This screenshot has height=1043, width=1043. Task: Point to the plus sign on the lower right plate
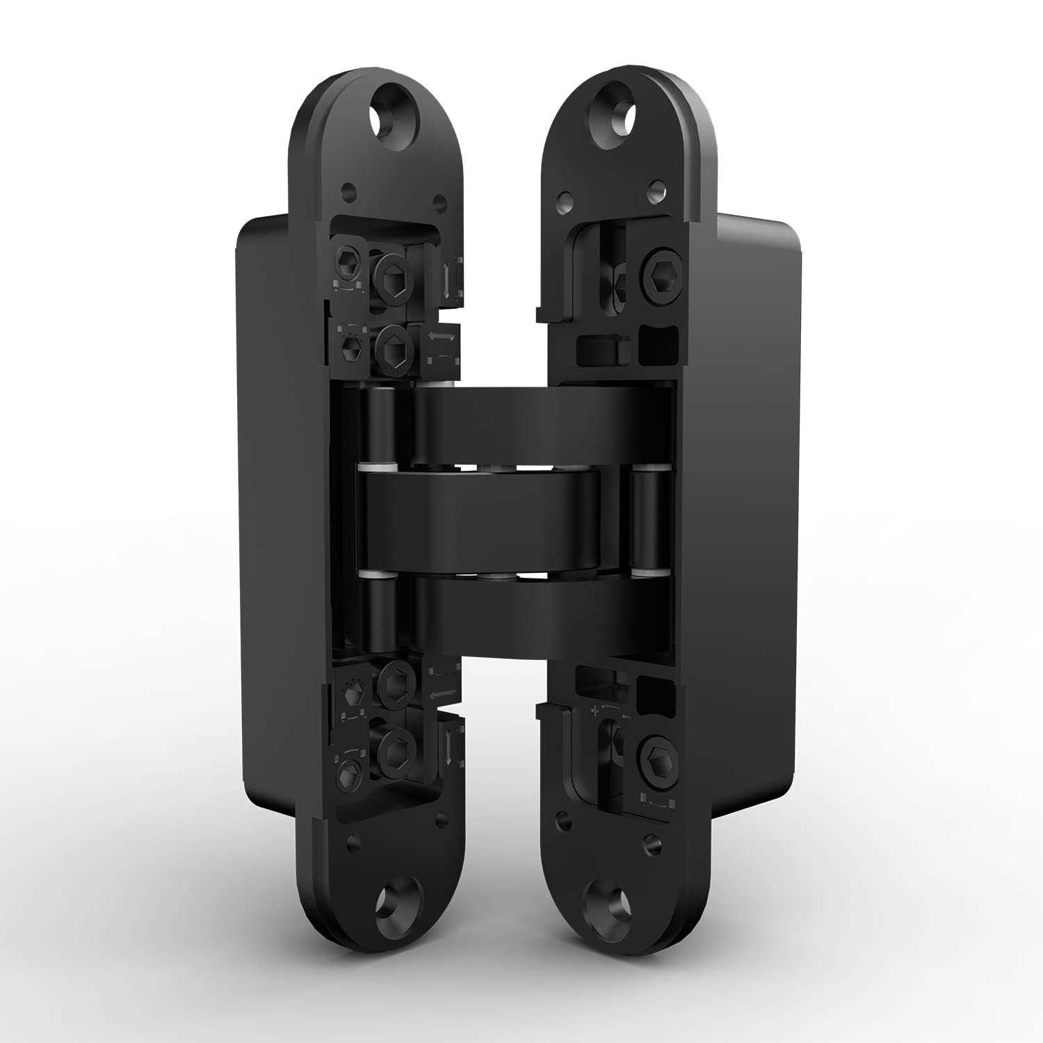pos(595,712)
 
